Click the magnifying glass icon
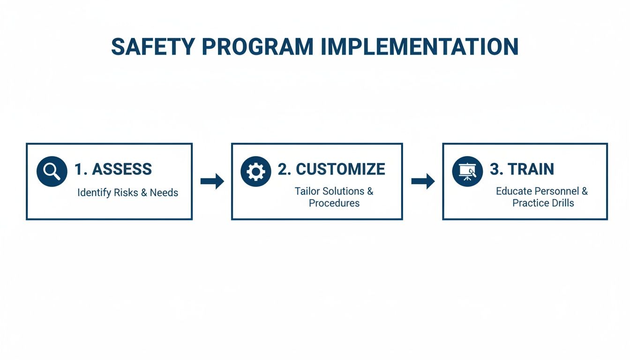[52, 172]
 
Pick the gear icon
[255, 172]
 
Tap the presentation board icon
[467, 172]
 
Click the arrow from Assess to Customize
[212, 181]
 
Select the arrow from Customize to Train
[423, 181]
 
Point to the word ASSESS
[121, 169]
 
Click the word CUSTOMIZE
[340, 169]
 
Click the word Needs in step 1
[164, 193]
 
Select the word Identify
[93, 193]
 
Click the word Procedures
[334, 203]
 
